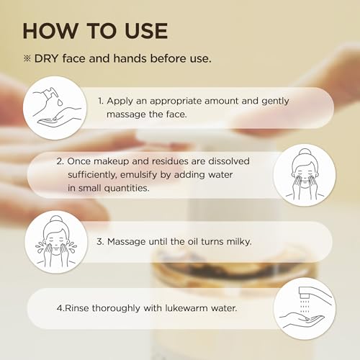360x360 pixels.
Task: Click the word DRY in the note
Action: [50, 58]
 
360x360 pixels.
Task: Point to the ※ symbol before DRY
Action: [28, 58]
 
